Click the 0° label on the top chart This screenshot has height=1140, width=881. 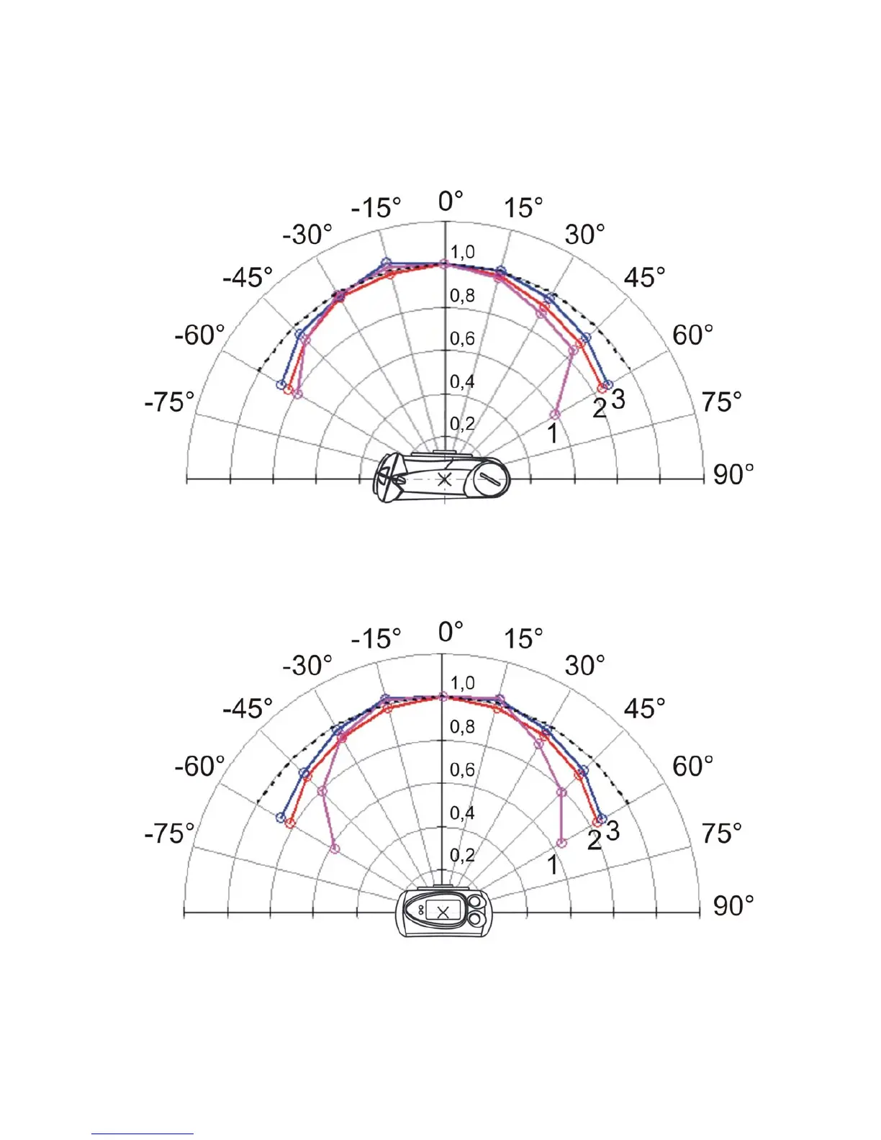pos(450,201)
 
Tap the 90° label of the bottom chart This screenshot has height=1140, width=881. pos(733,906)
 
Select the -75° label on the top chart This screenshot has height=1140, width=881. pos(169,402)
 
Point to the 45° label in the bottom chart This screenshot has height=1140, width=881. pos(644,708)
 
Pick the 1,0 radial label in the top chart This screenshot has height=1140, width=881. pos(462,253)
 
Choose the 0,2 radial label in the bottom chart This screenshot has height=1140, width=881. pos(462,855)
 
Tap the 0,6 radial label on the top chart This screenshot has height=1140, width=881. pos(462,339)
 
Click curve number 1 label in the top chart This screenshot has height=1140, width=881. pos(552,433)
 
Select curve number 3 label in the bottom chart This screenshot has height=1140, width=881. pos(613,831)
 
